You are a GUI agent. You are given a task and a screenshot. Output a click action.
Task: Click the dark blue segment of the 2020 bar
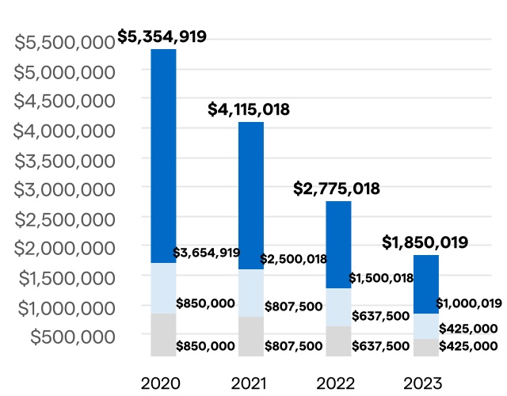pos(163,155)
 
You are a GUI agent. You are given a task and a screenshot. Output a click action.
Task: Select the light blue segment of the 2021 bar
pos(251,293)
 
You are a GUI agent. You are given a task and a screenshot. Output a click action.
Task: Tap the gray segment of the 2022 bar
pos(338,341)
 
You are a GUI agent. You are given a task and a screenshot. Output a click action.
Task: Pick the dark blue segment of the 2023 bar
pos(426,284)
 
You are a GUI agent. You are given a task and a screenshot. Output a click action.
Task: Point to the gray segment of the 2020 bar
pos(163,334)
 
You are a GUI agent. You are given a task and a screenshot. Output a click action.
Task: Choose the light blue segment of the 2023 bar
pos(426,326)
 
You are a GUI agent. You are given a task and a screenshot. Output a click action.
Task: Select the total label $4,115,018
pos(249,110)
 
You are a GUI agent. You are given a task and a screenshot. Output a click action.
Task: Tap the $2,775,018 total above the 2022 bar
pos(337,189)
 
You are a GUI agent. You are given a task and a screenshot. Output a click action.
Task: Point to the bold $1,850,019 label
pos(425,242)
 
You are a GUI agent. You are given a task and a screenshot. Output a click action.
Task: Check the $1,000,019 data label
pos(467,303)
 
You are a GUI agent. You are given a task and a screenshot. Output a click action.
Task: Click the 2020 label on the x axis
pos(162,384)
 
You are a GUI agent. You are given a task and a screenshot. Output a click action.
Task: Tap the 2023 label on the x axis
pos(423,384)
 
